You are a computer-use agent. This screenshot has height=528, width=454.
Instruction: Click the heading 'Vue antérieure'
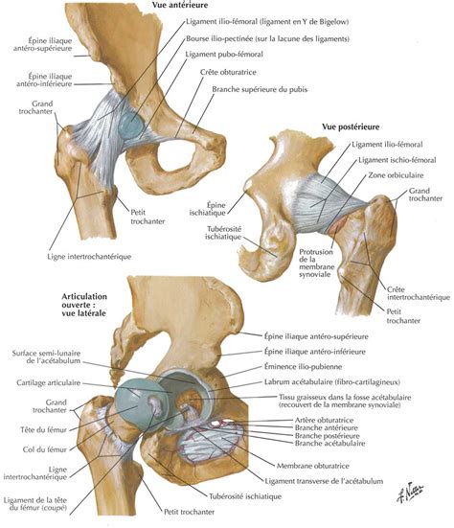pyautogui.click(x=180, y=5)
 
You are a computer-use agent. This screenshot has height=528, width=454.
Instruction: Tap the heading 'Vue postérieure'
pyautogui.click(x=351, y=126)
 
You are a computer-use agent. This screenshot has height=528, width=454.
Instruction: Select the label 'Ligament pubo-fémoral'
pyautogui.click(x=224, y=55)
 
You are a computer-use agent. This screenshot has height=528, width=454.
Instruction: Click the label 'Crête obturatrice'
pyautogui.click(x=228, y=72)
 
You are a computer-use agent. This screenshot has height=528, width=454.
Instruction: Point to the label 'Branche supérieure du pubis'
pyautogui.click(x=260, y=89)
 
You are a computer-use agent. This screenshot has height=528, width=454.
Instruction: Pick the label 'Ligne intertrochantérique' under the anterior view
pyautogui.click(x=89, y=257)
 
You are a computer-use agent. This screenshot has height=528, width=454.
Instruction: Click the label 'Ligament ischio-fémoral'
pyautogui.click(x=397, y=160)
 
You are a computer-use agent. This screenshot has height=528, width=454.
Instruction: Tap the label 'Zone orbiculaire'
pyautogui.click(x=396, y=175)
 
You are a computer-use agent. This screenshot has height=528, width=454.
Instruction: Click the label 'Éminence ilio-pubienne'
pyautogui.click(x=303, y=366)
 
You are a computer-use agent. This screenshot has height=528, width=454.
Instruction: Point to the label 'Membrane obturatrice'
pyautogui.click(x=312, y=466)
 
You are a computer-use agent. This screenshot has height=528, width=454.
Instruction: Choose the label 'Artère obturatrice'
pyautogui.click(x=324, y=421)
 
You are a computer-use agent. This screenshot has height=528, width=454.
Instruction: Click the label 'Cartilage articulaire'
pyautogui.click(x=49, y=383)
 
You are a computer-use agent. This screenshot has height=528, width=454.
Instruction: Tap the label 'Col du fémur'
pyautogui.click(x=45, y=449)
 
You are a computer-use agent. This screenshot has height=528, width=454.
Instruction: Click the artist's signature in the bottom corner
pyautogui.click(x=410, y=492)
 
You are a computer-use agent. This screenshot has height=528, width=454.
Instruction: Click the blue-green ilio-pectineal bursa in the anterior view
pyautogui.click(x=131, y=125)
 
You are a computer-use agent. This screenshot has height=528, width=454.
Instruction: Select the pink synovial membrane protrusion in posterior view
pyautogui.click(x=337, y=225)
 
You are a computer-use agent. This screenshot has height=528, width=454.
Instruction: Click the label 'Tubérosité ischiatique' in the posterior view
pyautogui.click(x=223, y=233)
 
